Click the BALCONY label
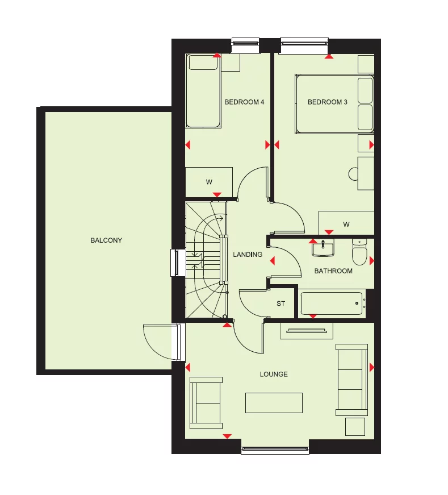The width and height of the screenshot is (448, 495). click(106, 240)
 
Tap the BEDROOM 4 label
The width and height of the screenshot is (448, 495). click(245, 102)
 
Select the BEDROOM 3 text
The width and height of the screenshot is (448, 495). click(328, 102)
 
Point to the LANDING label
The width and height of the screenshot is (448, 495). click(248, 255)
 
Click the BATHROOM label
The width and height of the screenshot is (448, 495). click(333, 271)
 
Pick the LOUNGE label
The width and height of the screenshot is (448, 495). click(274, 375)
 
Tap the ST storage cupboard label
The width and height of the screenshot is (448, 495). click(280, 304)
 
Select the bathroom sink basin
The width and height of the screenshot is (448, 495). click(323, 247)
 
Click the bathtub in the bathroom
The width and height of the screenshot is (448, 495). click(332, 303)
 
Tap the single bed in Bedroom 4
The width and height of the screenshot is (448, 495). click(203, 91)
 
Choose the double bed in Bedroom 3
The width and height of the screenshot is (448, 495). click(334, 104)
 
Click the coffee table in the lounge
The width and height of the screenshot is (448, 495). click(274, 402)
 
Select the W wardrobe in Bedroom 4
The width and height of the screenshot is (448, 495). click(209, 182)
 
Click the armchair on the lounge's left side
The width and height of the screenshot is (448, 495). click(206, 402)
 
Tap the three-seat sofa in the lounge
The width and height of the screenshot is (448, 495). click(351, 379)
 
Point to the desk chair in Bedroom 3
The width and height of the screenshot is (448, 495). click(352, 173)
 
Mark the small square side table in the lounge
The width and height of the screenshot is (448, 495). click(355, 427)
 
